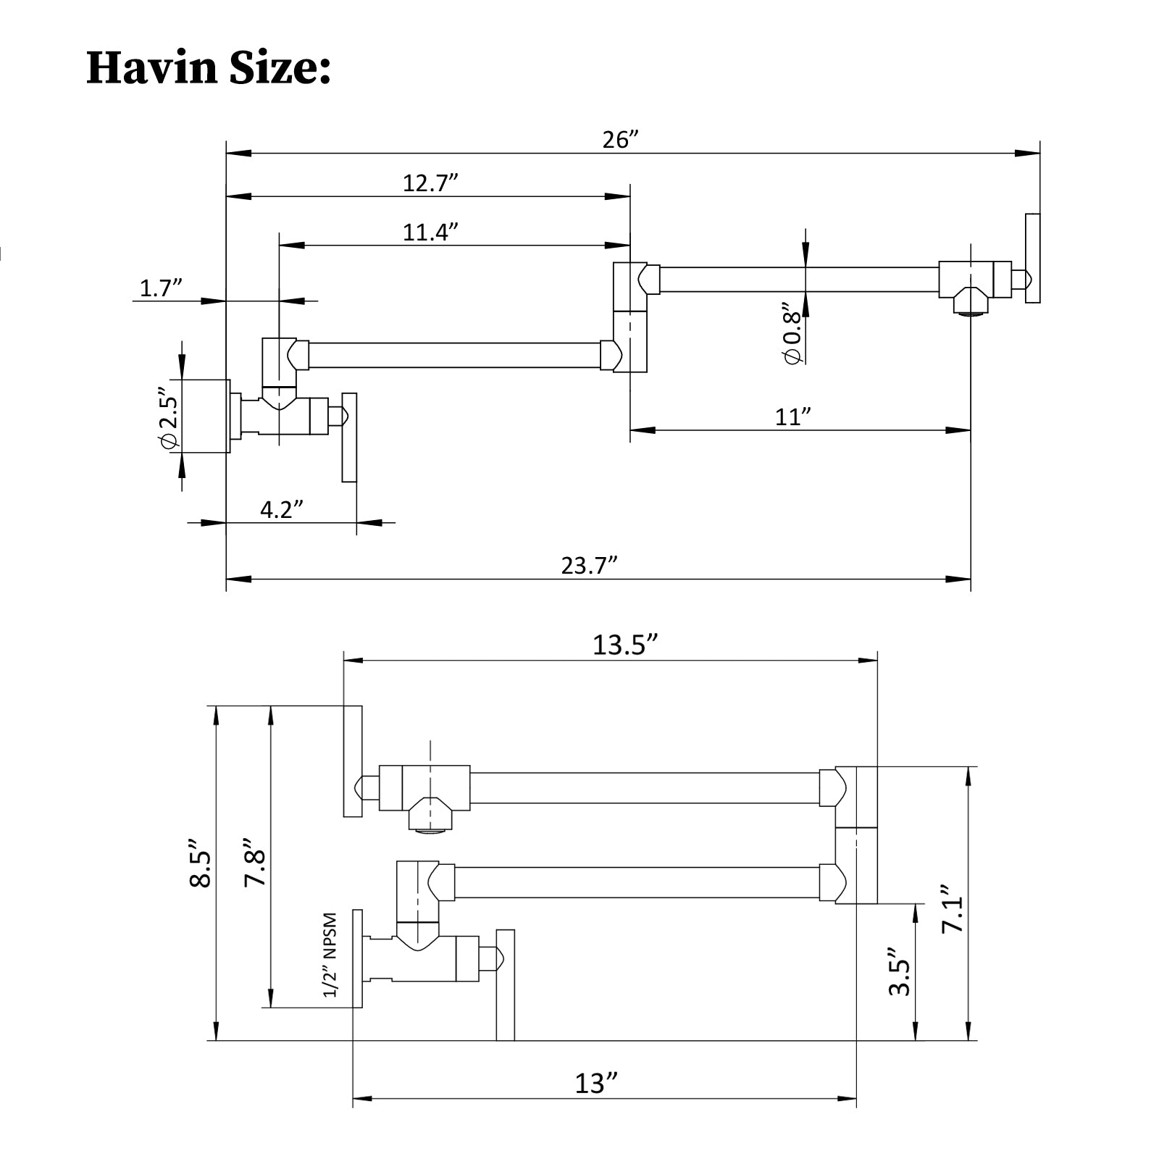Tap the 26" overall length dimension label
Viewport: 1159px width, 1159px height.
coord(620,139)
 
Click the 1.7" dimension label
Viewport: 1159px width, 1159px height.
coord(160,288)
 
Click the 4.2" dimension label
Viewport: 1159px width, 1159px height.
coord(281,509)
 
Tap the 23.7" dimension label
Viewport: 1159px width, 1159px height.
coord(589,565)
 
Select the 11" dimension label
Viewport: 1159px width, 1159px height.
coord(792,417)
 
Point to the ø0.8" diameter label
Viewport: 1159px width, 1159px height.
coord(793,337)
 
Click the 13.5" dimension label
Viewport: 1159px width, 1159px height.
coord(625,644)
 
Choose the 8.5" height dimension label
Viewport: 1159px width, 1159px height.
coord(200,863)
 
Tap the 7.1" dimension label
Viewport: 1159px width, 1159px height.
coord(954,908)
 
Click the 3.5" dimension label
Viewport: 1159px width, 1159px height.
coord(899,971)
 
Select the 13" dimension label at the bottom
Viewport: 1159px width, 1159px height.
coord(596,1083)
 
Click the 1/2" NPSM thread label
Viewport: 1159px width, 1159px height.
coord(330,955)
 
